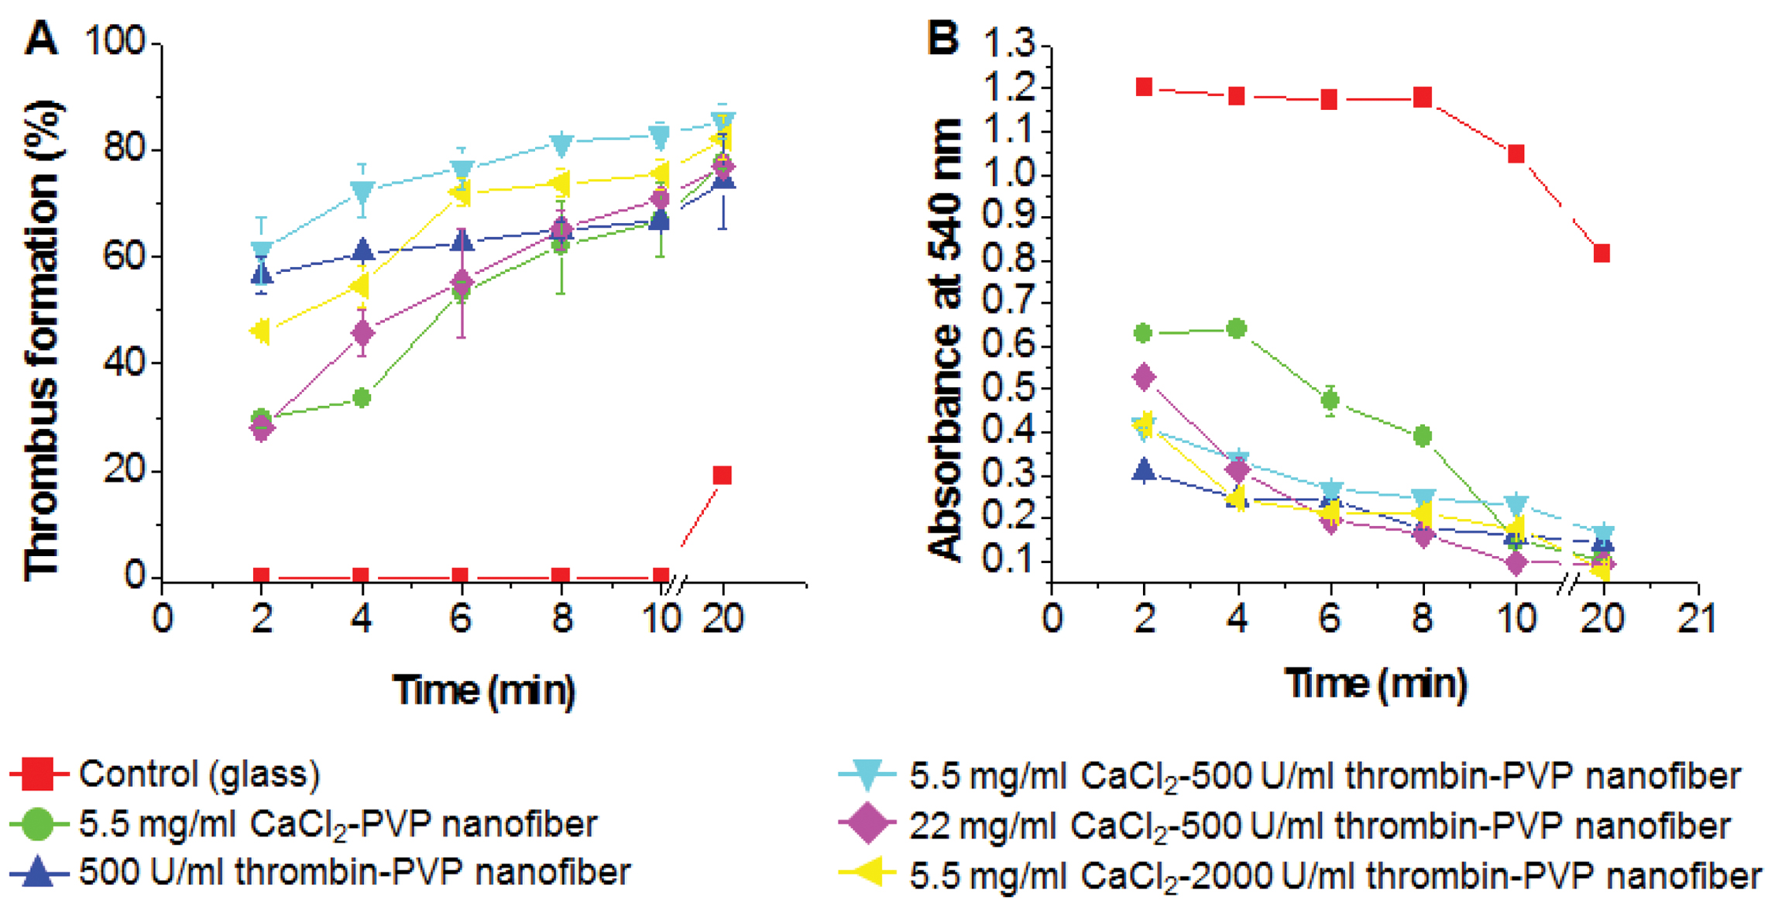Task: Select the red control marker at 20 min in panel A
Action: [x=722, y=475]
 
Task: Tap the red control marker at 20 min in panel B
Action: [x=1601, y=253]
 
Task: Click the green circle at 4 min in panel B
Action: [x=1237, y=329]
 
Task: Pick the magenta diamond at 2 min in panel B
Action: [x=1144, y=377]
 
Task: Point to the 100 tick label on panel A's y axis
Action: [x=115, y=41]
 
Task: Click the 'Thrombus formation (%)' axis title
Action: [x=43, y=341]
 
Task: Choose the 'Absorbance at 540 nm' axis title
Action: [x=945, y=341]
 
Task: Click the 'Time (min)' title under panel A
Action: [x=484, y=689]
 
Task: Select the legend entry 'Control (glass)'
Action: [x=199, y=774]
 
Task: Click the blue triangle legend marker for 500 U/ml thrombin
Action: [x=36, y=873]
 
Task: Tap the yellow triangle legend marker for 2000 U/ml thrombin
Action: [x=867, y=874]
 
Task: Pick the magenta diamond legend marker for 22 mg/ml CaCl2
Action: [x=867, y=824]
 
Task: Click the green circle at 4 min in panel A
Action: [x=362, y=398]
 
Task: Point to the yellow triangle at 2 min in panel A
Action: [x=261, y=332]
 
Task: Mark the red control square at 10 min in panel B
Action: [x=1516, y=153]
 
